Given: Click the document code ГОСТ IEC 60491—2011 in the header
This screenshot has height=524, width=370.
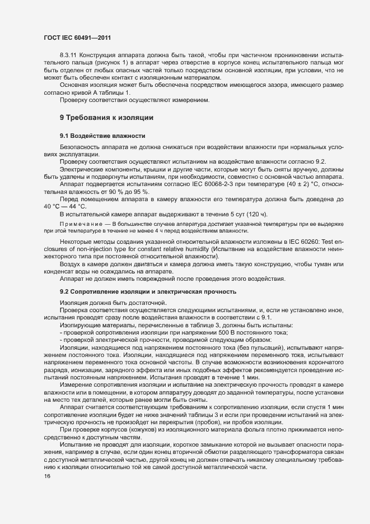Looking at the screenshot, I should pos(79,38).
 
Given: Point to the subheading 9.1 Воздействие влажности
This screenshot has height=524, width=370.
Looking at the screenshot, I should pos(102,136).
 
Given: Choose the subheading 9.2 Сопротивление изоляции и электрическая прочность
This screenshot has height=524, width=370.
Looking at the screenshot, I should pos(148,291).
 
